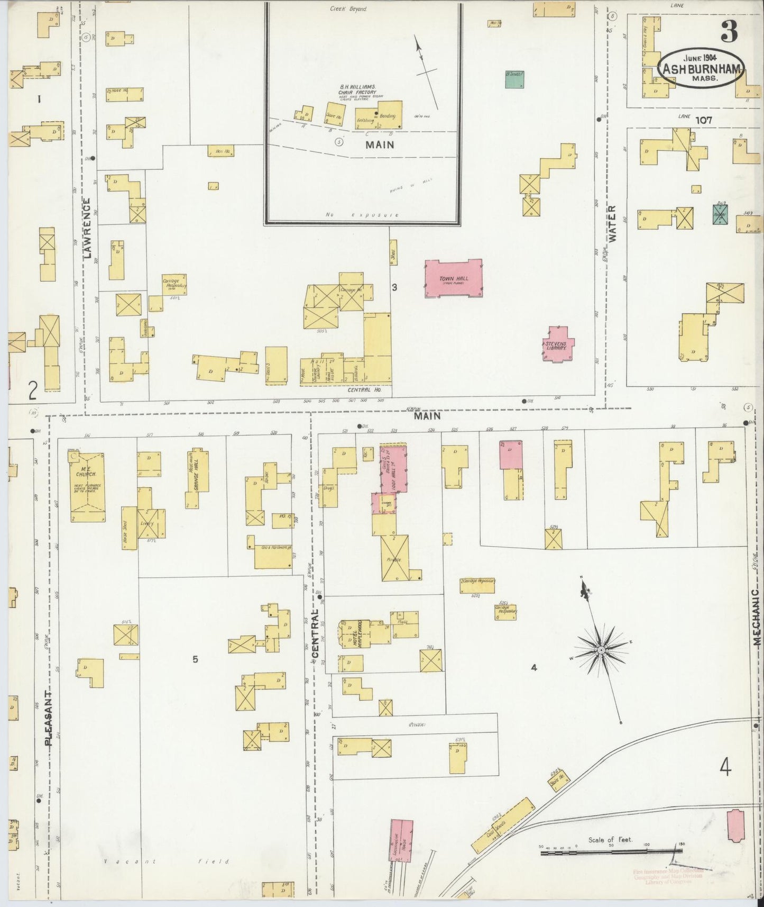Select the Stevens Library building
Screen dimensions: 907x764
pyautogui.click(x=555, y=345)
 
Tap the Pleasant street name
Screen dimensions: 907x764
pyautogui.click(x=49, y=718)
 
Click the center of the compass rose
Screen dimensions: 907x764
pyautogui.click(x=601, y=649)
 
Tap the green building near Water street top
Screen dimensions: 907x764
pyautogui.click(x=514, y=79)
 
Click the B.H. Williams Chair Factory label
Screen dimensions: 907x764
pyautogui.click(x=357, y=89)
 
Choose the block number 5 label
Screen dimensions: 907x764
pyautogui.click(x=195, y=659)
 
